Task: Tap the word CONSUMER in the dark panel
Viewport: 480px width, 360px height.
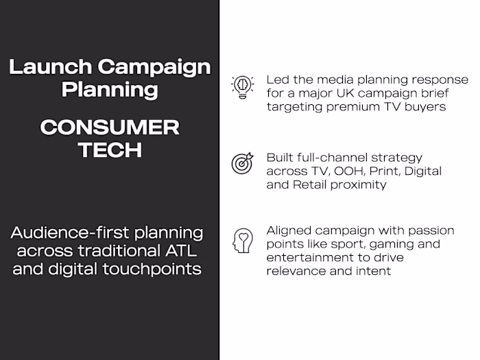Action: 109,128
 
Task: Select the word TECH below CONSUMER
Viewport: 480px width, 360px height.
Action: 109,150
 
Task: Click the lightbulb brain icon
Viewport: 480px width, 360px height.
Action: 241,87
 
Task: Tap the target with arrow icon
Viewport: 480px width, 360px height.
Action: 242,163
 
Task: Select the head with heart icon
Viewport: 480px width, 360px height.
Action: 242,241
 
